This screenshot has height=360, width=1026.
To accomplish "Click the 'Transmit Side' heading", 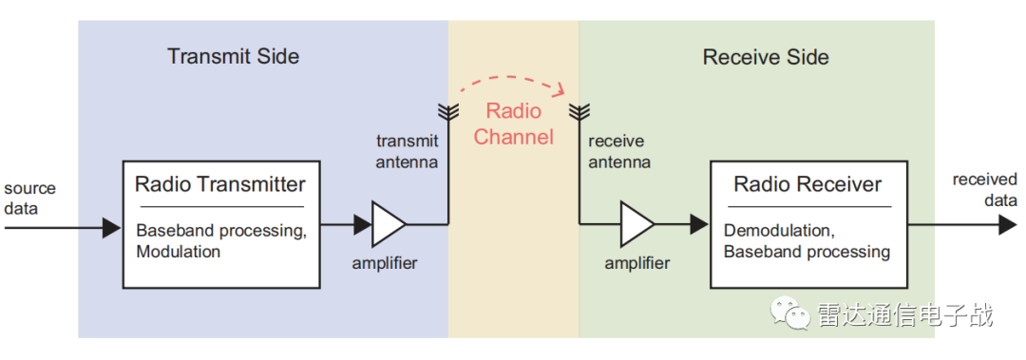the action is [x=233, y=56].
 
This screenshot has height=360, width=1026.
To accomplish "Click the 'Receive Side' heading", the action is [x=766, y=57].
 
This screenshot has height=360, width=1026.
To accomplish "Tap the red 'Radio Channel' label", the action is [x=514, y=123].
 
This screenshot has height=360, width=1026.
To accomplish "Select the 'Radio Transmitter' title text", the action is [x=219, y=184].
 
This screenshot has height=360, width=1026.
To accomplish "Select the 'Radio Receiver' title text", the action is [x=807, y=184].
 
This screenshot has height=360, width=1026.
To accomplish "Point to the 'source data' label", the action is [x=30, y=199].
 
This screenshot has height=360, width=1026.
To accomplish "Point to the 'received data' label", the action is [x=985, y=189].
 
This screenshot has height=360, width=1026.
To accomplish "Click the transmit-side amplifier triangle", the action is [x=389, y=224].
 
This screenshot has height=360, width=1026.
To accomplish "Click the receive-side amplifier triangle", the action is [x=636, y=224].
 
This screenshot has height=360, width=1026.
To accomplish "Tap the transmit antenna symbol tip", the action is [x=448, y=104].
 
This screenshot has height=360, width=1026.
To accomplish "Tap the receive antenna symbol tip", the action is [x=579, y=104].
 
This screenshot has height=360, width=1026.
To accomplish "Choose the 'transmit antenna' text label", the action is [x=407, y=151].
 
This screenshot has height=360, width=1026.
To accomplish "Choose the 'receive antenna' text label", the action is [x=619, y=151].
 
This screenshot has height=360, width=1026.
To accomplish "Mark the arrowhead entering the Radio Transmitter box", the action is [x=112, y=228].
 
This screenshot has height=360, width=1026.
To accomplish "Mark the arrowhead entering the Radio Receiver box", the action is [x=699, y=224].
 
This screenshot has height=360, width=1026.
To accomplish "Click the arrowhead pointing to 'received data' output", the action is [x=1008, y=225].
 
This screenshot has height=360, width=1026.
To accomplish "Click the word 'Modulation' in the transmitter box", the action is [x=179, y=252].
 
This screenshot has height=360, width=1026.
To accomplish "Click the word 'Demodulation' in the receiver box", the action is [x=769, y=231].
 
